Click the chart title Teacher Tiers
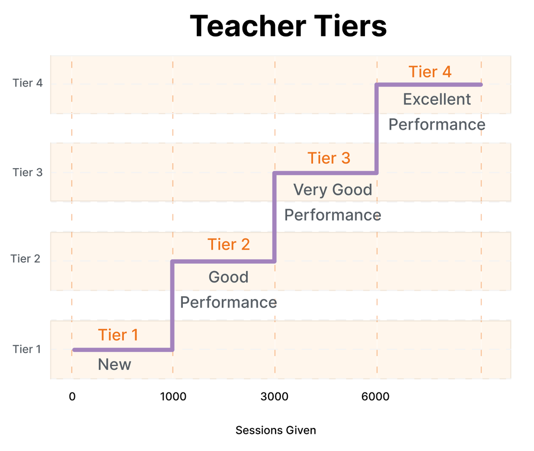tap(288, 26)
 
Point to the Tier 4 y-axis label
tap(28, 83)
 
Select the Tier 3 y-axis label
tap(28, 172)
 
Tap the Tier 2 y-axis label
tap(25, 258)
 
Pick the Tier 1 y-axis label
tap(27, 349)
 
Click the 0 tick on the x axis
tap(72, 396)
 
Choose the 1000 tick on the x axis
tap(173, 396)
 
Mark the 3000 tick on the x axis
tap(275, 396)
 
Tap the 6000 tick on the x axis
tap(376, 396)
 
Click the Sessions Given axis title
tap(275, 430)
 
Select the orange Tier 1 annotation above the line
tap(118, 335)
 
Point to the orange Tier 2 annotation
tap(229, 244)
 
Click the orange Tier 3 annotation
tap(329, 158)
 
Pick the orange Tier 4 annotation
tap(430, 72)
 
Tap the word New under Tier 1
tap(114, 364)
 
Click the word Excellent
tap(437, 99)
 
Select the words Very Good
tap(332, 189)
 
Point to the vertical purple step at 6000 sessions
tap(376, 129)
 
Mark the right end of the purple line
tap(481, 85)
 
